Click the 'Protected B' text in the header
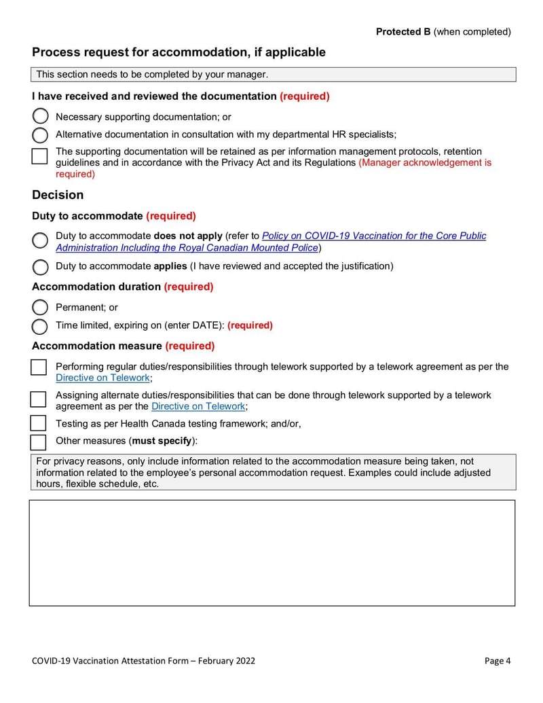point(403,32)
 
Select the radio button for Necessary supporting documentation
point(40,116)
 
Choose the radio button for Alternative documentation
point(40,134)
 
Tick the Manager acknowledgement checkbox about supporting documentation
point(40,156)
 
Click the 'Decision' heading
point(58,195)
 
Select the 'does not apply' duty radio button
point(40,240)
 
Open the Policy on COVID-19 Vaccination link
point(373,236)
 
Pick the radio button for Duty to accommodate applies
point(40,266)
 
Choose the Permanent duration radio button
point(40,308)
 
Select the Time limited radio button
point(40,326)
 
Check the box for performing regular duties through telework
point(39,367)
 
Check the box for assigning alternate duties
point(39,398)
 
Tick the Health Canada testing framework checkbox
point(39,423)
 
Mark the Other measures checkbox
point(39,441)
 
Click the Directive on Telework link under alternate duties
point(198,406)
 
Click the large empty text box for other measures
point(271,553)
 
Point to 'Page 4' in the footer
point(498,661)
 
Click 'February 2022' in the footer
point(227,661)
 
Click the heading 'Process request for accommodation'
point(179,52)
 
